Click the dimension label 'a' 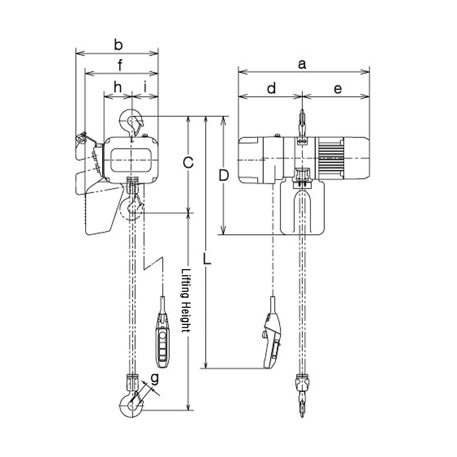pos(303,65)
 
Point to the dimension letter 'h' pos(118,87)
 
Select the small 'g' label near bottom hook pos(154,378)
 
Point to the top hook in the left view pos(133,121)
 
